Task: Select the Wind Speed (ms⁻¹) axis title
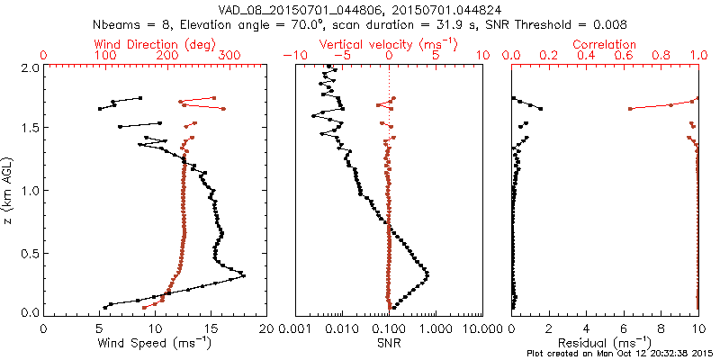click(x=155, y=342)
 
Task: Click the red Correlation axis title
click(x=607, y=44)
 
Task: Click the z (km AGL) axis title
click(x=7, y=190)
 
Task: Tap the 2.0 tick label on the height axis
click(x=30, y=67)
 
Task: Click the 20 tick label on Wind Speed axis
click(x=265, y=328)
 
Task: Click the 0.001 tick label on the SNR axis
click(x=295, y=328)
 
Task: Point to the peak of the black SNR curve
click(x=427, y=274)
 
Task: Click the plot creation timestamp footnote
click(x=622, y=353)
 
